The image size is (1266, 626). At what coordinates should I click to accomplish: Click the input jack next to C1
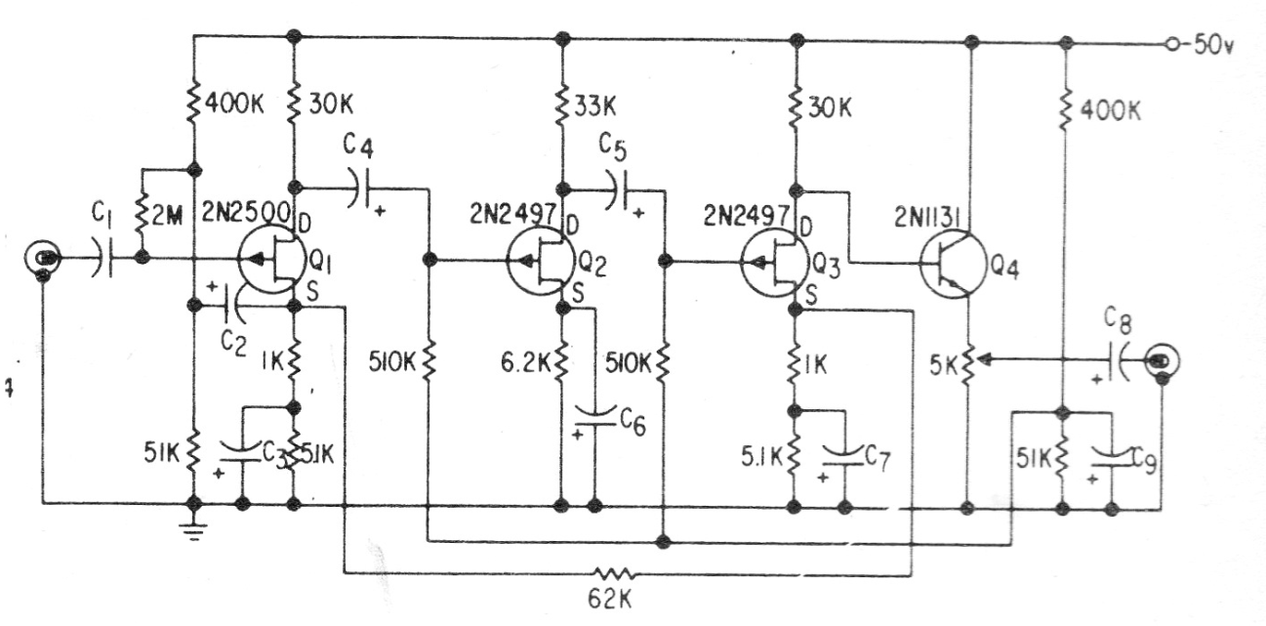[x=45, y=259]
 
